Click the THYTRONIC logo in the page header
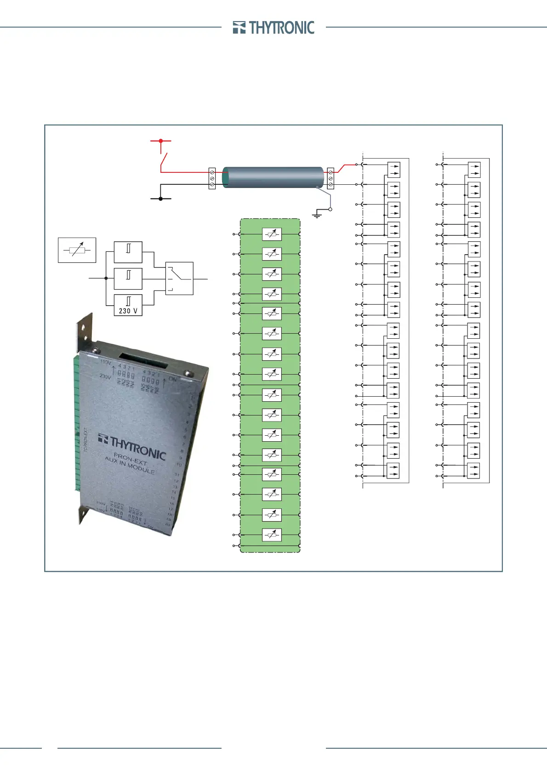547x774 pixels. click(273, 28)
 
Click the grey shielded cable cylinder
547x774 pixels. click(273, 177)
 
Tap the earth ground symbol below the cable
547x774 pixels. click(317, 214)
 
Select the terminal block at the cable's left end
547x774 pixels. click(212, 178)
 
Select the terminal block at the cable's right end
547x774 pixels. click(330, 178)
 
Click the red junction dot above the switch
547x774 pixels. click(160, 141)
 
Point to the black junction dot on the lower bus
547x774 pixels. click(160, 199)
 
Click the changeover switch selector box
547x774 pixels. click(179, 278)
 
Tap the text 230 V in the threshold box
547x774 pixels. click(128, 311)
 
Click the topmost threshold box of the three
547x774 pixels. click(128, 252)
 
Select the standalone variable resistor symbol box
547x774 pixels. click(77, 250)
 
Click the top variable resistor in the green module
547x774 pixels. click(272, 234)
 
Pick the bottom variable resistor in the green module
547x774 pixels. click(272, 535)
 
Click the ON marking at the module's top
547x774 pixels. click(172, 379)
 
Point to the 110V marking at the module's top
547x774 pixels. click(106, 362)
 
